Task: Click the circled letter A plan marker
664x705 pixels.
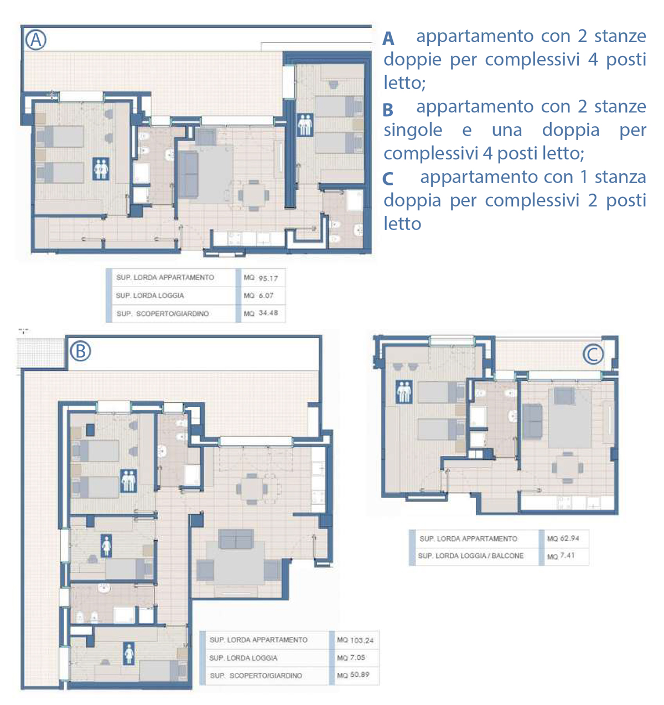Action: coord(36,39)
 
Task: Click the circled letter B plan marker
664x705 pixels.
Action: coord(81,351)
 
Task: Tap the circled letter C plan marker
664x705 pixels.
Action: coord(593,354)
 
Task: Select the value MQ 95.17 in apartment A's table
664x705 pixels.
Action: coord(261,278)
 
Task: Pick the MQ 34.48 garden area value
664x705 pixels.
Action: coord(261,313)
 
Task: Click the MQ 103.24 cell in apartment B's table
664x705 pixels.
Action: coord(355,640)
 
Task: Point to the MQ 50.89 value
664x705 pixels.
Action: coord(353,675)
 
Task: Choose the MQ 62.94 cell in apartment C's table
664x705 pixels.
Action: coord(563,538)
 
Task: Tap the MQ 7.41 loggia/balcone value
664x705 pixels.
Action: coord(561,556)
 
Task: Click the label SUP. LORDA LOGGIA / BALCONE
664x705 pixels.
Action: coord(470,556)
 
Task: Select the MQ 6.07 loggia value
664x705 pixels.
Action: coord(258,296)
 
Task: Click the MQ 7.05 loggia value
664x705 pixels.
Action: coord(351,657)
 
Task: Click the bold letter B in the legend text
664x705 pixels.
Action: coord(388,110)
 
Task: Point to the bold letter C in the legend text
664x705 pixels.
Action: coord(388,179)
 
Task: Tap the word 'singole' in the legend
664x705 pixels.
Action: coord(413,130)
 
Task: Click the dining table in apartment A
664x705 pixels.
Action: coord(253,195)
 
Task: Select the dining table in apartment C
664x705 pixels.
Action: coord(567,468)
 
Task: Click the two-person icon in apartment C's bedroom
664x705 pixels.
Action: coord(404,392)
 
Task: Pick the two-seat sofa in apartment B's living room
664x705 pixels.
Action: coord(236,539)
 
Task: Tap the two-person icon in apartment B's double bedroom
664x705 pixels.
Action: coord(128,481)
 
